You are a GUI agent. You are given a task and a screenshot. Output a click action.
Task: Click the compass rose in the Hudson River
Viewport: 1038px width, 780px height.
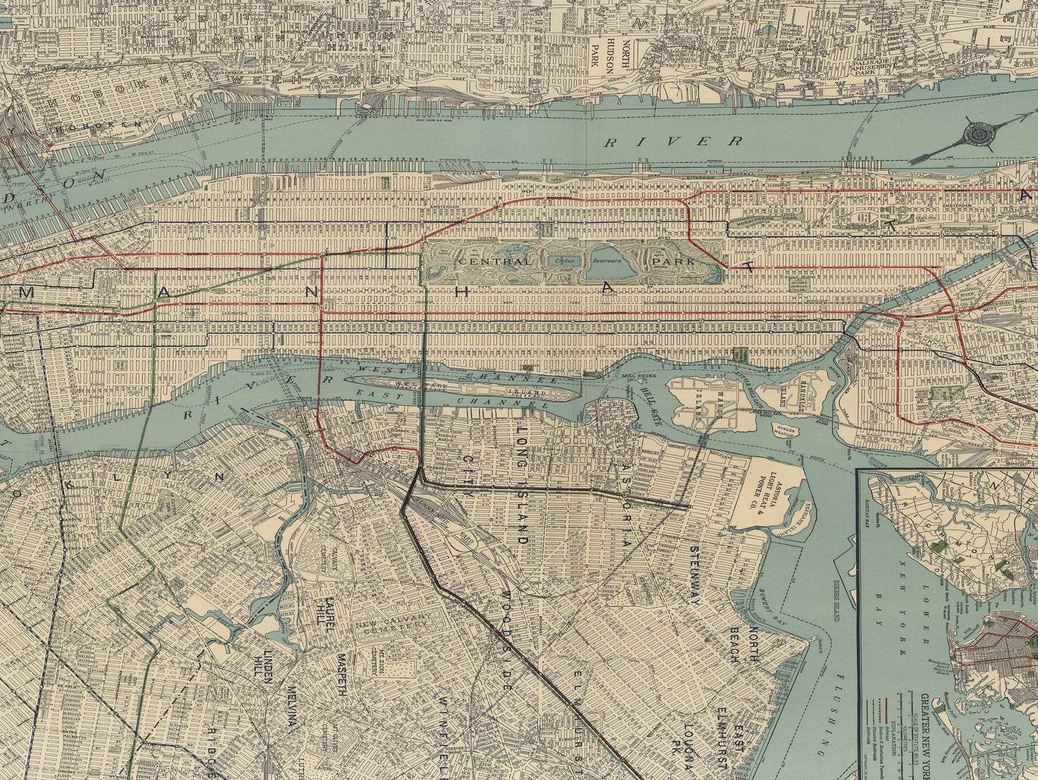tap(978, 134)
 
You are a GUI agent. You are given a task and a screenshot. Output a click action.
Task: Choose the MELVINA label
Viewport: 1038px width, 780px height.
tap(291, 708)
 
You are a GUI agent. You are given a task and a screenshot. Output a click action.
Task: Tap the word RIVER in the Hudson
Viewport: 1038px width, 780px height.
tap(672, 141)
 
